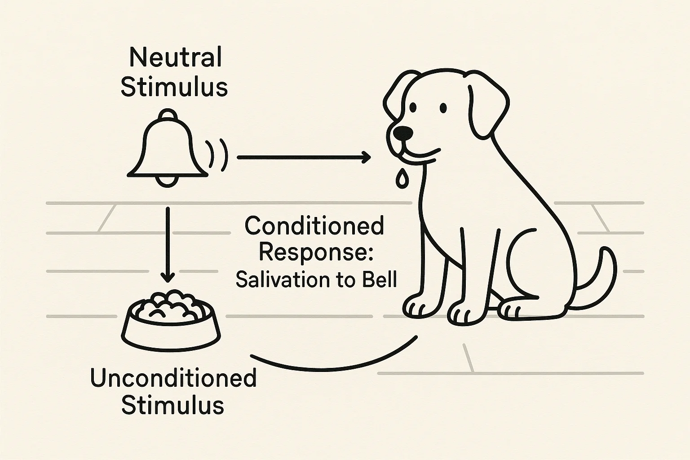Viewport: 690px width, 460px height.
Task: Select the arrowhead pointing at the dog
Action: tap(366, 157)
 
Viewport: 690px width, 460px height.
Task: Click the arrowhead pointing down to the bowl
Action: tap(168, 277)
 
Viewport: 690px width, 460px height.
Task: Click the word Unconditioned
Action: tap(173, 378)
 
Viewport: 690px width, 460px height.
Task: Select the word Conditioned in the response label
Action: tap(314, 226)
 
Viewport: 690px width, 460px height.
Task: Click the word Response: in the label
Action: tap(316, 252)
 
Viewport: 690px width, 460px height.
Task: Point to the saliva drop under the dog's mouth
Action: tap(402, 178)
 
